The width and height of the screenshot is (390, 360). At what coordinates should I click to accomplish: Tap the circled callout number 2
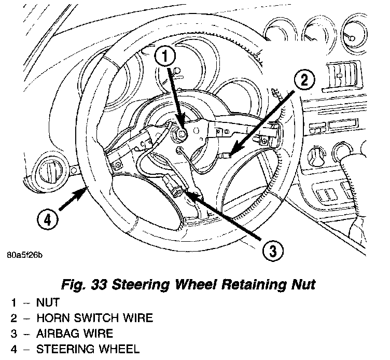tap(305, 79)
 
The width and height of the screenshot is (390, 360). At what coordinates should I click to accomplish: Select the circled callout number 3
tap(272, 252)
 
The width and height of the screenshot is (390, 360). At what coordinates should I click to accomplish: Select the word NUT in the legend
tap(48, 302)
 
